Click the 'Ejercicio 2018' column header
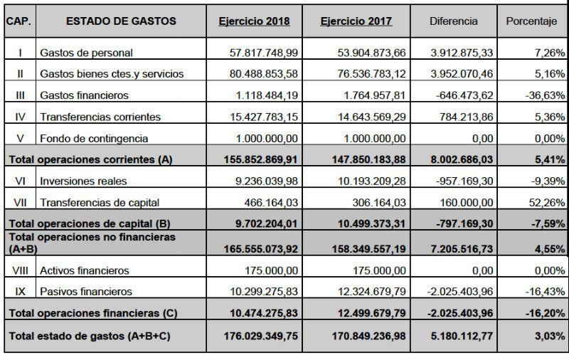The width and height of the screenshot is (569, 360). [x=254, y=21]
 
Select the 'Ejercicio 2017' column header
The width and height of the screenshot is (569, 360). [x=356, y=21]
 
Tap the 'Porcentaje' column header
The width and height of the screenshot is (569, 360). [x=531, y=21]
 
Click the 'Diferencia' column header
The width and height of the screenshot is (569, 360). [x=453, y=21]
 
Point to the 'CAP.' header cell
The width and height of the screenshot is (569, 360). [x=18, y=21]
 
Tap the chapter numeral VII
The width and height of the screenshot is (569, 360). [x=19, y=202]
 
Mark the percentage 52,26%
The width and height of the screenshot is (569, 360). [x=546, y=203]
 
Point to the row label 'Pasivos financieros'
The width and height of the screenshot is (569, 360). [x=86, y=292]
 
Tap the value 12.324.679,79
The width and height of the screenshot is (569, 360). [x=366, y=292]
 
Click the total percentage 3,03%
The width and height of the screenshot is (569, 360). [x=549, y=337]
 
